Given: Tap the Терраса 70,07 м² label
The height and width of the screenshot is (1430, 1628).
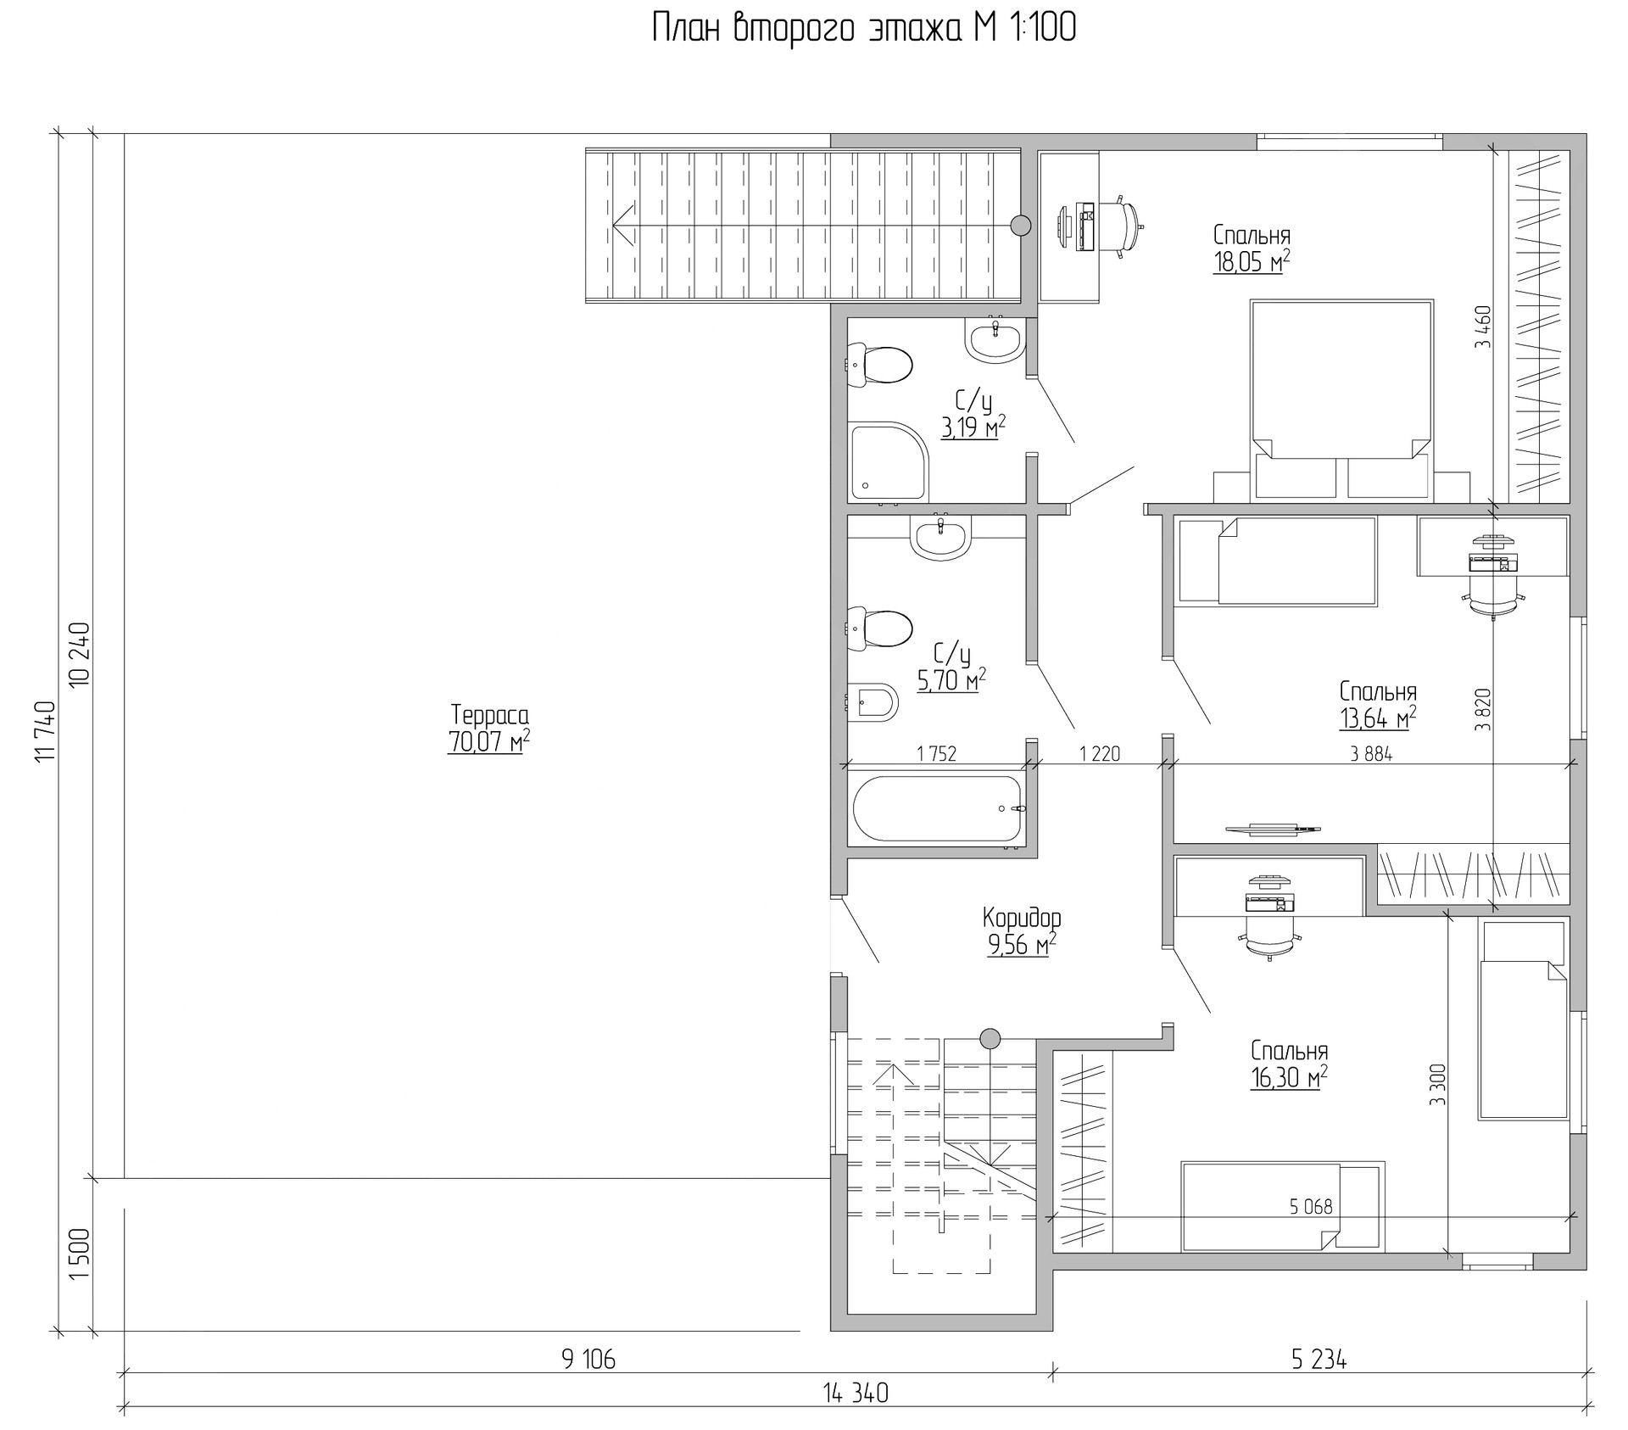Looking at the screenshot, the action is [489, 728].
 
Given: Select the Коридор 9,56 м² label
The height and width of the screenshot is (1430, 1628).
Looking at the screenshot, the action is [1022, 931].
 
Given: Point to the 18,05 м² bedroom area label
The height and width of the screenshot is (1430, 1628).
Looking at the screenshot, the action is [1252, 262].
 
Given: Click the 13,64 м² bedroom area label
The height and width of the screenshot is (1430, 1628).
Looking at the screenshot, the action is [1378, 718].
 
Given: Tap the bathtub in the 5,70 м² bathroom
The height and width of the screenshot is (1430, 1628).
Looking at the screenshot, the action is [940, 809].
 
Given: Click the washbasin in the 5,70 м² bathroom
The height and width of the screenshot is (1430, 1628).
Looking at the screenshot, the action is [939, 538].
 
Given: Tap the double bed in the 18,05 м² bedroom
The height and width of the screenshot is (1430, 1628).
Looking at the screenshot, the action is [1342, 398].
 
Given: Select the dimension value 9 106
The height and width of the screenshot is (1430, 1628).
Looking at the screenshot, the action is [588, 1360].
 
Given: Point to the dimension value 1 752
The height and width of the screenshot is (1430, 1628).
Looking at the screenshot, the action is [936, 753].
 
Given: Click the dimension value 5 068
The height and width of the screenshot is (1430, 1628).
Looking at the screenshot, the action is [1311, 1206].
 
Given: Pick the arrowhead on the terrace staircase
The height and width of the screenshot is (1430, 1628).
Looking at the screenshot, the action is [623, 225].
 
